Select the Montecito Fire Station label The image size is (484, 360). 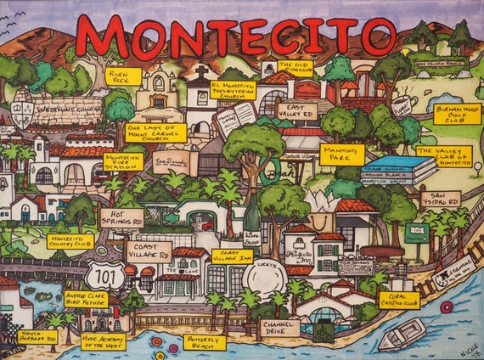[x=123, y=161]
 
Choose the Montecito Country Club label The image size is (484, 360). [x=70, y=241]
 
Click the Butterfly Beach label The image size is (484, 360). [x=205, y=342]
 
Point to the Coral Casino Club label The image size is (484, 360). [x=398, y=301]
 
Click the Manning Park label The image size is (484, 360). [x=341, y=155]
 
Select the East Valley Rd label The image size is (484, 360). [x=296, y=111]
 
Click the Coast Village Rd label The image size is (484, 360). [x=149, y=252]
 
